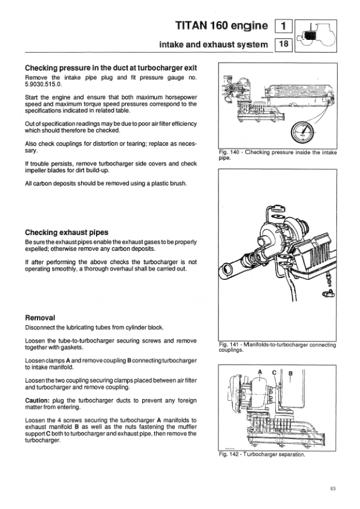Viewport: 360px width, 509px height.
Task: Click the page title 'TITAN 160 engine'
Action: [x=221, y=25]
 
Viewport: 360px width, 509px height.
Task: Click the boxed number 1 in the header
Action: [x=284, y=25]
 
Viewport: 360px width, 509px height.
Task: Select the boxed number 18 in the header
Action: [x=284, y=44]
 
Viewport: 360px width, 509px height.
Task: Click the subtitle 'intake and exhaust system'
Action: [x=214, y=45]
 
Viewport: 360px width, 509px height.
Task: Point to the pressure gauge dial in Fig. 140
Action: [x=302, y=132]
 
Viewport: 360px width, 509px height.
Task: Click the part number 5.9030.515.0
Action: [x=43, y=84]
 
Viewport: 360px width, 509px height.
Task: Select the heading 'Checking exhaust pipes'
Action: [x=67, y=232]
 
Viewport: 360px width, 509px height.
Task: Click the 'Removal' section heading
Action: [x=40, y=318]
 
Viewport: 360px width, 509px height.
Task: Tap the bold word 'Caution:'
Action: [x=37, y=401]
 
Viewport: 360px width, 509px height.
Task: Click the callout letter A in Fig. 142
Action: [x=260, y=372]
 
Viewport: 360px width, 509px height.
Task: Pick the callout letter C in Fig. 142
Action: [x=274, y=372]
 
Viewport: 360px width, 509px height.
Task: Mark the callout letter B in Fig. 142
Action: [x=290, y=374]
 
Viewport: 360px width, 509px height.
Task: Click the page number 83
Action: [x=332, y=488]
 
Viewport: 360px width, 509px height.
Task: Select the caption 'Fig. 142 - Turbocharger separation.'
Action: [x=262, y=454]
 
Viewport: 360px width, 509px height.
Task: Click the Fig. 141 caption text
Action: [x=278, y=348]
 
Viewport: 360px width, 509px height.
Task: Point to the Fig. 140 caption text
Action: [x=278, y=155]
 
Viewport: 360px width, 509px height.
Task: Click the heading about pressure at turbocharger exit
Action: [x=111, y=68]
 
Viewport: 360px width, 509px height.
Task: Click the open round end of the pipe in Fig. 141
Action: [x=227, y=269]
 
